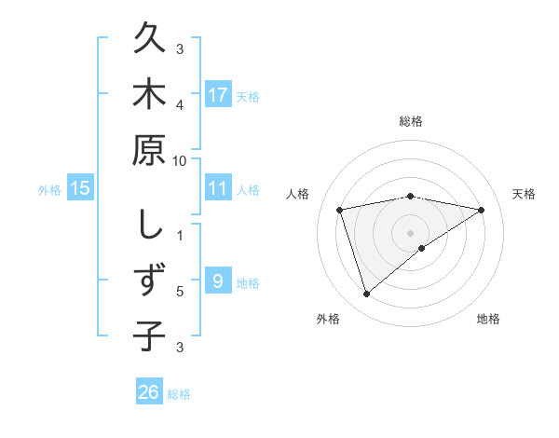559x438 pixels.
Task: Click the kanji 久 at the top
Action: pyautogui.click(x=149, y=41)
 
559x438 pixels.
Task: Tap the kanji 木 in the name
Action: pyautogui.click(x=149, y=95)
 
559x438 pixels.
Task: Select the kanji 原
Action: pyautogui.click(x=149, y=152)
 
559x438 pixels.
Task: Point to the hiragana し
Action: pyautogui.click(x=149, y=225)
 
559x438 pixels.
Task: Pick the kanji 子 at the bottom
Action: pyautogui.click(x=149, y=334)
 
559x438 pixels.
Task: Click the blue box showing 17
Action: pyautogui.click(x=218, y=94)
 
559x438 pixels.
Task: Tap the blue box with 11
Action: pyautogui.click(x=218, y=188)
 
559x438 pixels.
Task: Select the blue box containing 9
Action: pyautogui.click(x=218, y=281)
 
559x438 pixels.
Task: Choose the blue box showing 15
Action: pyautogui.click(x=80, y=188)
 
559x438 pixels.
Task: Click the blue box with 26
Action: pyautogui.click(x=149, y=392)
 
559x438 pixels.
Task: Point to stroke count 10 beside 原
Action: pyautogui.click(x=180, y=161)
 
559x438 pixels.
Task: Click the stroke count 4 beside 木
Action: pyautogui.click(x=180, y=103)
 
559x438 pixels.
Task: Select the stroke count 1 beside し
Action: pyautogui.click(x=180, y=234)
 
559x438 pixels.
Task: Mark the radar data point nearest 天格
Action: pyautogui.click(x=482, y=210)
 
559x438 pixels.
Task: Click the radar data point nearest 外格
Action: pyautogui.click(x=366, y=294)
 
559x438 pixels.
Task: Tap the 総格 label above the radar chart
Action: pyautogui.click(x=411, y=122)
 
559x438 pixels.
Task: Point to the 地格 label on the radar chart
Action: pyautogui.click(x=488, y=319)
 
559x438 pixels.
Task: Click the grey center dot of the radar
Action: pyautogui.click(x=411, y=232)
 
